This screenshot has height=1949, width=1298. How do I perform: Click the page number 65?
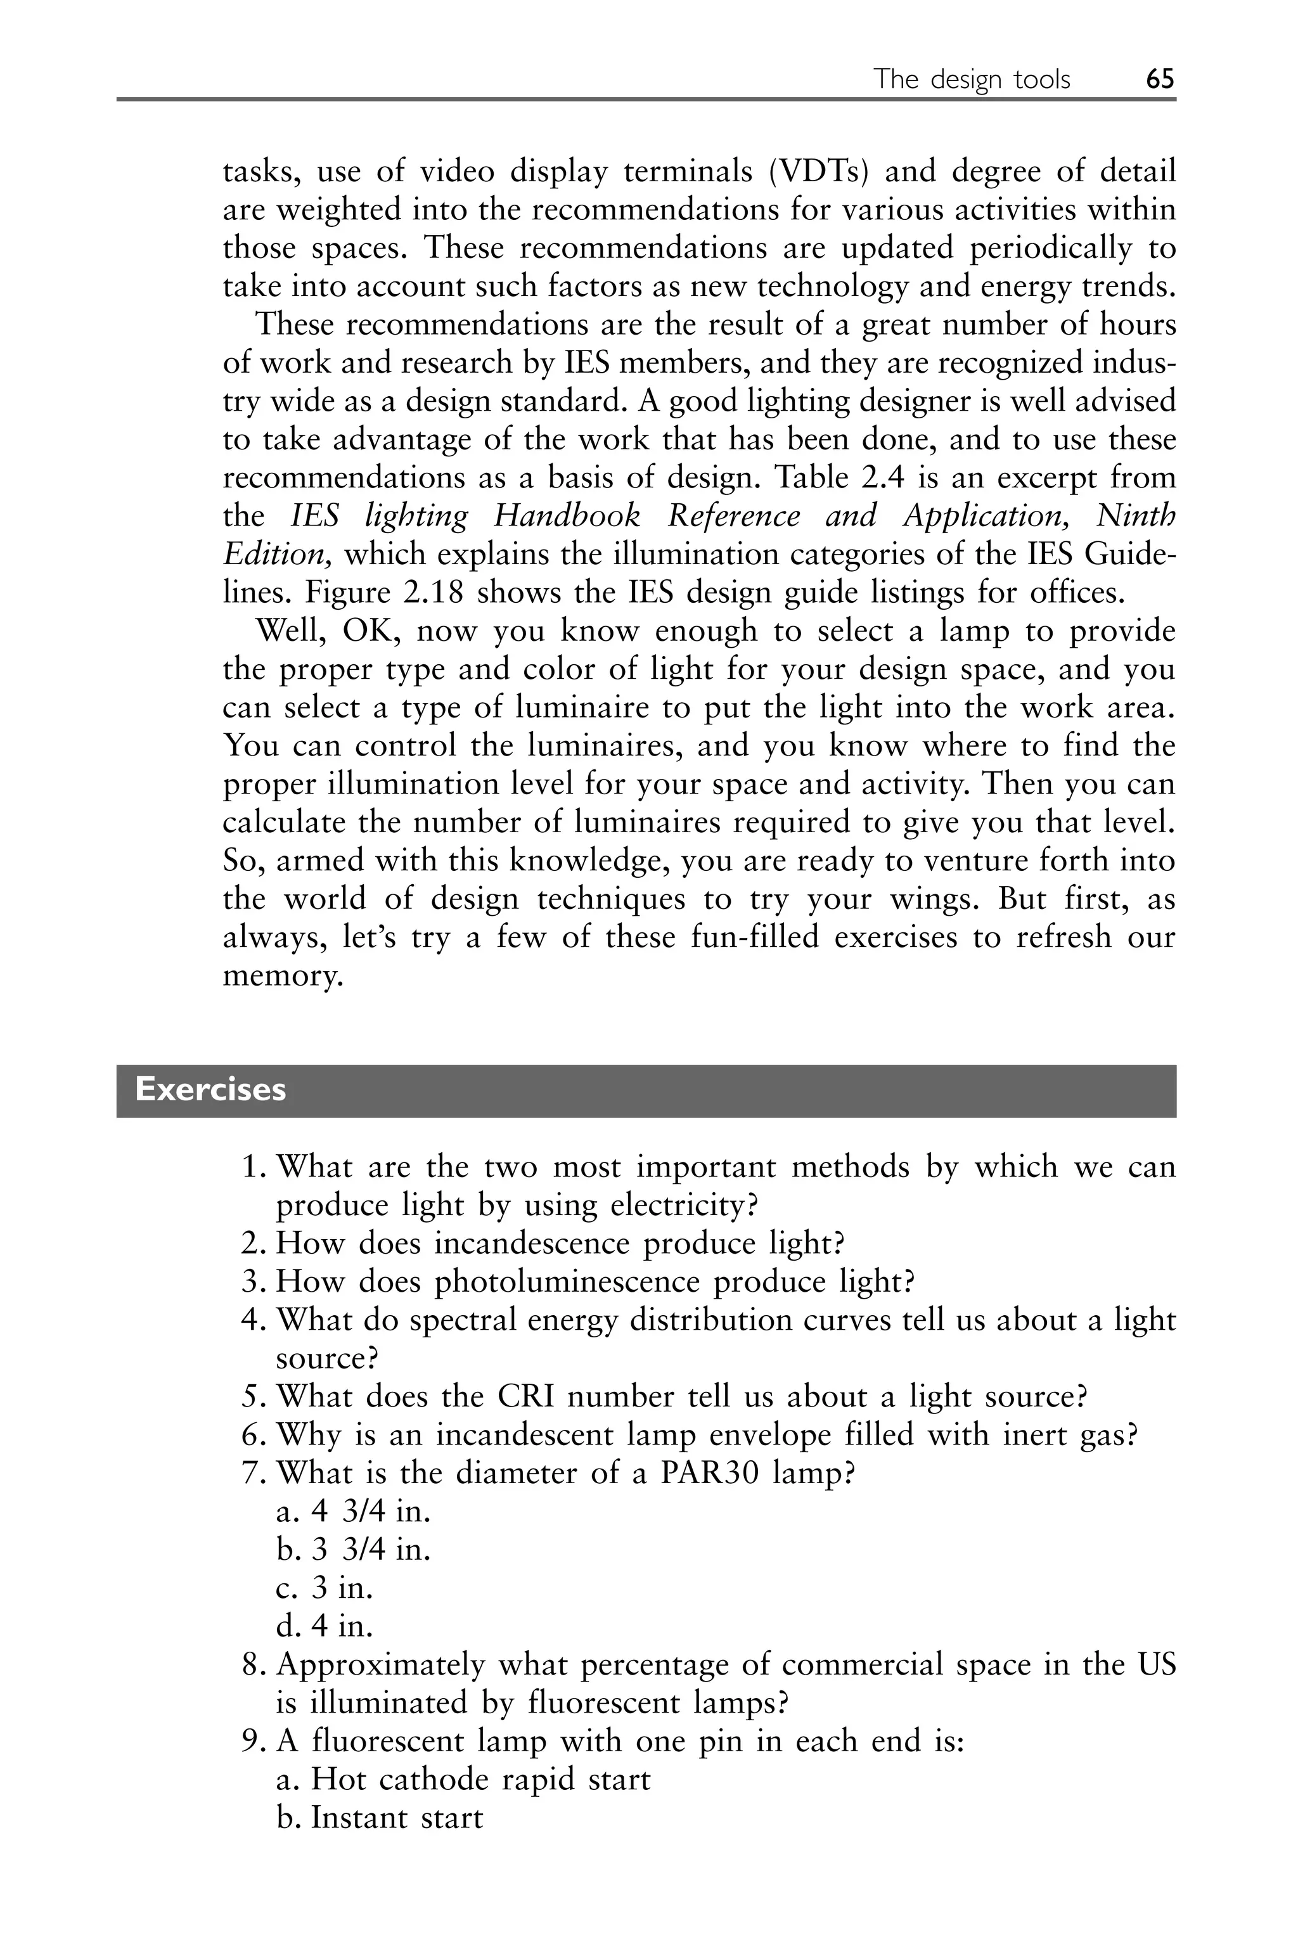[x=1160, y=79]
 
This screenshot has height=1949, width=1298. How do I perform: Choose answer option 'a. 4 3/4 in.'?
[x=354, y=1512]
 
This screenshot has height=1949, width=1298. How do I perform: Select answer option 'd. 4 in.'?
[x=324, y=1627]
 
